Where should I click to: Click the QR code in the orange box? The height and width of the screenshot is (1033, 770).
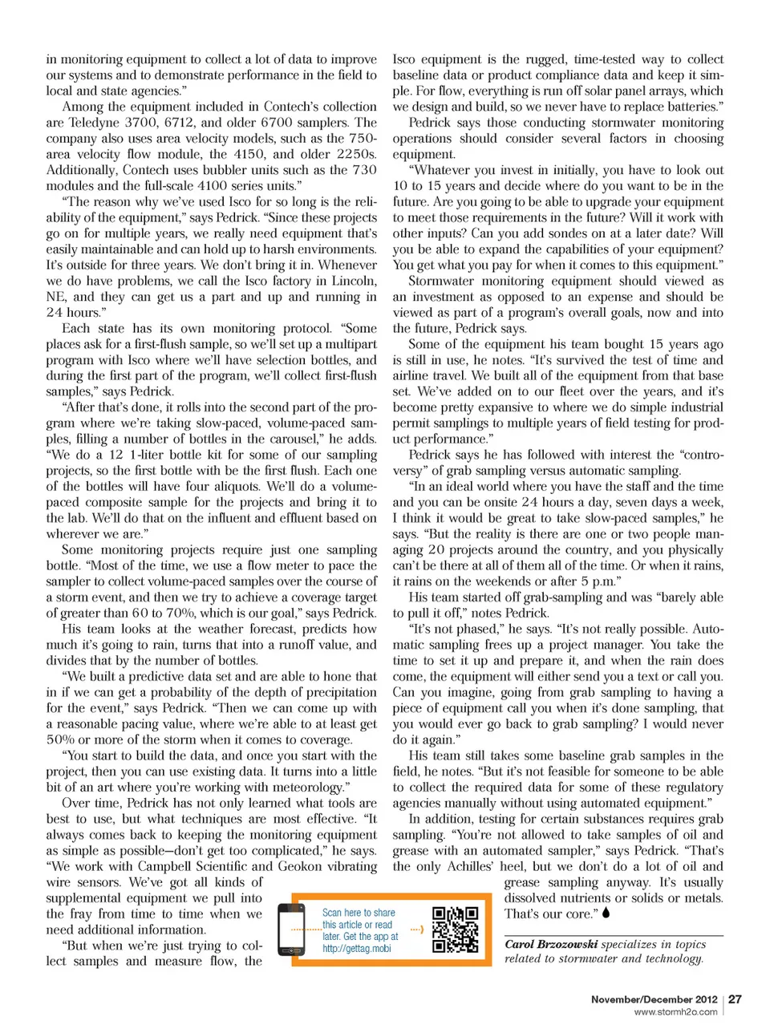tap(455, 930)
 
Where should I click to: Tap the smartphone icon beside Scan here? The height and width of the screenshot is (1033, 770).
tap(290, 930)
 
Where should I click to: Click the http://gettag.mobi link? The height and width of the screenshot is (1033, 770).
tap(356, 948)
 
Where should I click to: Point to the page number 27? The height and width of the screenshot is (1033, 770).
tap(735, 999)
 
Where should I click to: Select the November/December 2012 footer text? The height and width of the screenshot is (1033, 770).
tap(654, 999)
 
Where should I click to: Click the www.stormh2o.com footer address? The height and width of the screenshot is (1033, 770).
tap(675, 1012)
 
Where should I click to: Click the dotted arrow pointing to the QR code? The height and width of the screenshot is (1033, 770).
tap(416, 930)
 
